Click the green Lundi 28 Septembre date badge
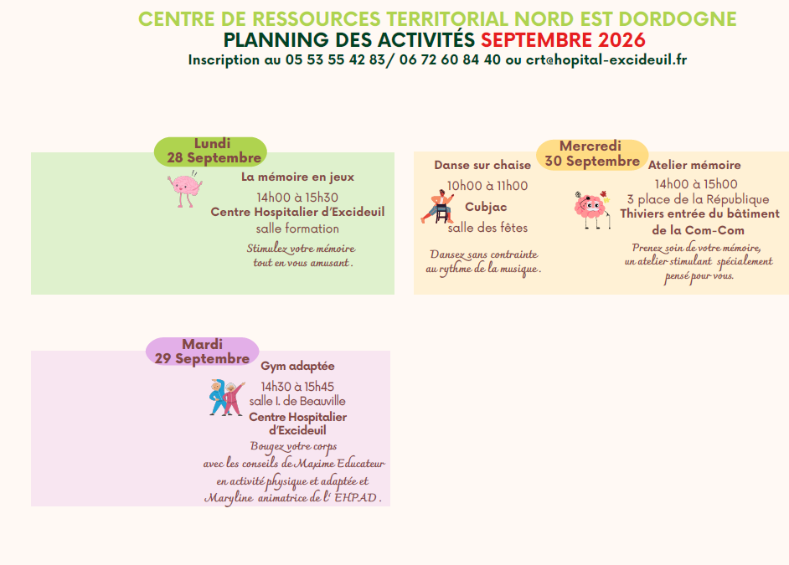click(x=210, y=152)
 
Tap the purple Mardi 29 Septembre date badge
click(x=203, y=352)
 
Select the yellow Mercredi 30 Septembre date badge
click(x=592, y=154)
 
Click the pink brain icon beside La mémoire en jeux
click(x=184, y=189)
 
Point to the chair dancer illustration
click(x=437, y=207)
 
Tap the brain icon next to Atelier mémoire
click(x=592, y=209)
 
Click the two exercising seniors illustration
click(x=226, y=398)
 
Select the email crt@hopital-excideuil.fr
click(x=606, y=59)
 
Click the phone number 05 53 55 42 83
click(x=335, y=59)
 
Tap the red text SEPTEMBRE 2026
click(x=563, y=39)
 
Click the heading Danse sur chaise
click(x=482, y=165)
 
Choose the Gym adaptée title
click(x=297, y=367)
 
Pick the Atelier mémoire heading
click(x=694, y=165)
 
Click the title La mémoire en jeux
click(x=298, y=177)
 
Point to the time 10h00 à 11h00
click(x=487, y=186)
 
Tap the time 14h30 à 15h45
click(x=297, y=387)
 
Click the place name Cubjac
click(x=486, y=207)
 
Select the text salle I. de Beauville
click(x=297, y=401)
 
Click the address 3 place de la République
click(x=698, y=199)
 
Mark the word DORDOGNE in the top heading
click(x=678, y=19)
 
